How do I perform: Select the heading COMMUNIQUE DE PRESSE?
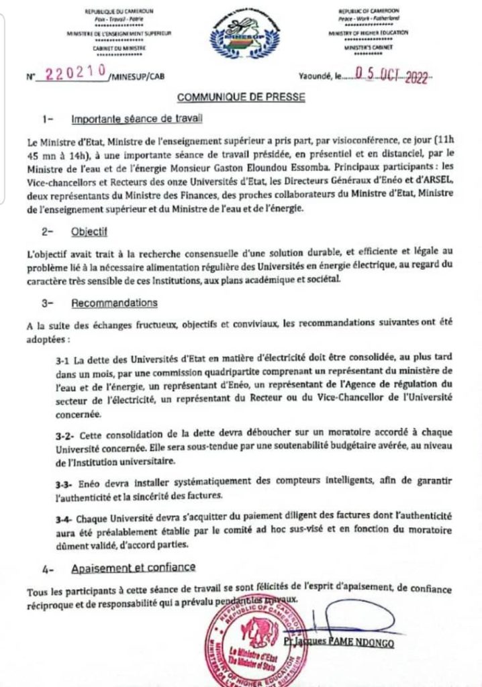[241, 97]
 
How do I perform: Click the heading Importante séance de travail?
[136, 120]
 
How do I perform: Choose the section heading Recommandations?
[114, 303]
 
